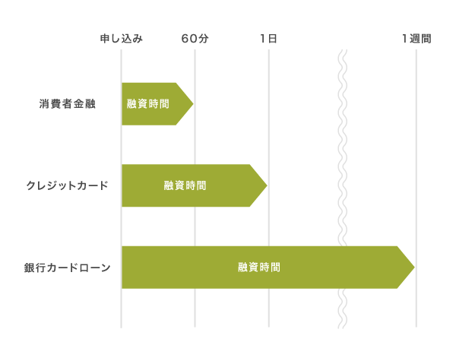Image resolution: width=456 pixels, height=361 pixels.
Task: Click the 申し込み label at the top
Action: pyautogui.click(x=122, y=38)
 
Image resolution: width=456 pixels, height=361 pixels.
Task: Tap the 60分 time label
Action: pyautogui.click(x=195, y=38)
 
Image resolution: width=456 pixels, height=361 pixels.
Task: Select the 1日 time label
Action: pyautogui.click(x=268, y=38)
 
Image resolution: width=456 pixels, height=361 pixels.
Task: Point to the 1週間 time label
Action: pyautogui.click(x=416, y=38)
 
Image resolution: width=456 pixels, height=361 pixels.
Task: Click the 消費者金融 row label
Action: pyautogui.click(x=68, y=103)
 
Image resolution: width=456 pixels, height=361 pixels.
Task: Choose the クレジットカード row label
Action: pyautogui.click(x=67, y=185)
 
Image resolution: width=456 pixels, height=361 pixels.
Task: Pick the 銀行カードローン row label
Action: pyautogui.click(x=67, y=268)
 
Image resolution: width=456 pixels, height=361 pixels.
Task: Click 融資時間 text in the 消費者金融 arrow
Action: pyautogui.click(x=148, y=103)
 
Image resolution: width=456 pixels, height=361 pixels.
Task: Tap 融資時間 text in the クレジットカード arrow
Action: pyautogui.click(x=185, y=185)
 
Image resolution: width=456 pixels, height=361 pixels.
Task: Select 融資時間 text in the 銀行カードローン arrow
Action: pyautogui.click(x=259, y=268)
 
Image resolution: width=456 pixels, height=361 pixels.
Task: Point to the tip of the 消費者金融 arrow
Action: pyautogui.click(x=192, y=103)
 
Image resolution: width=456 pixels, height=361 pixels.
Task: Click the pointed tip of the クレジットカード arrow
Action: pyautogui.click(x=266, y=185)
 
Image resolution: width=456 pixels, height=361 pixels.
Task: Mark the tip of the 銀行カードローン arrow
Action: pyautogui.click(x=413, y=268)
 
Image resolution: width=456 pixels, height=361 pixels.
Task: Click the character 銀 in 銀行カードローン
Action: pyautogui.click(x=29, y=268)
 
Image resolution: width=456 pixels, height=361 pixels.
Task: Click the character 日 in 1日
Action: pyautogui.click(x=272, y=38)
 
